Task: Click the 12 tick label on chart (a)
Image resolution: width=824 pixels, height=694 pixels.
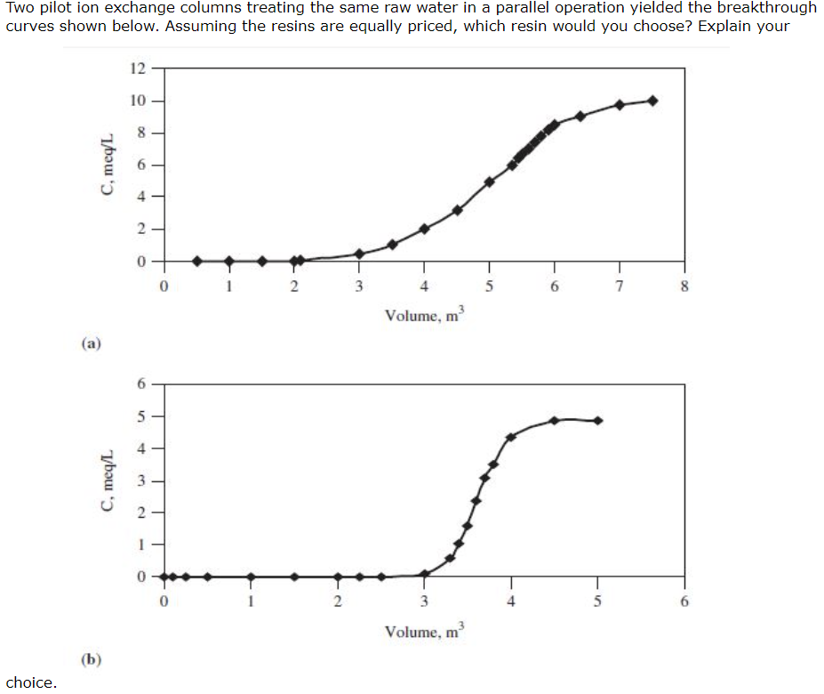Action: coord(138,69)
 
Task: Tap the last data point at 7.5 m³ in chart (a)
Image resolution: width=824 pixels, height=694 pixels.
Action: coord(652,101)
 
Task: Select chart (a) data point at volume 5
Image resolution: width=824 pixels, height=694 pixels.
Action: coord(489,182)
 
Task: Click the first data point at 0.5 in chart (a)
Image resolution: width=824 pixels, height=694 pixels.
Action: coord(197,261)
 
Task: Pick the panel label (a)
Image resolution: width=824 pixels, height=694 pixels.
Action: coord(91,343)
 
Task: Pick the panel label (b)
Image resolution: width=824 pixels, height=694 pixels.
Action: coord(91,659)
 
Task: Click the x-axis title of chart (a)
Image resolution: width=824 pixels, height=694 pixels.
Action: coord(425,314)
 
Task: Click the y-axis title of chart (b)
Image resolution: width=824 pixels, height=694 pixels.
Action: coord(108,480)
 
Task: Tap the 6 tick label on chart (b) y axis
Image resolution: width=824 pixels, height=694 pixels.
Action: coord(141,384)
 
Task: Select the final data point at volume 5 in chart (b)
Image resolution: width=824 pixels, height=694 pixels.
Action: coord(597,420)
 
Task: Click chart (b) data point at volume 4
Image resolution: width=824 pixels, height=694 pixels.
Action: coord(511,437)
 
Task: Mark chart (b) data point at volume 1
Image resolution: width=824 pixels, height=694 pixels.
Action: coord(251,577)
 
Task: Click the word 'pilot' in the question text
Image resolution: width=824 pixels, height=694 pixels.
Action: coord(54,7)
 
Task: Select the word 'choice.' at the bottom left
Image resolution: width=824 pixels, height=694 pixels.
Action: coord(31,683)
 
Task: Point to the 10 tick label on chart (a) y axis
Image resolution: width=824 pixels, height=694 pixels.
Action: coord(138,101)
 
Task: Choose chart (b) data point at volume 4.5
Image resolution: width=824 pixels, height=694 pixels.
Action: coord(555,420)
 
